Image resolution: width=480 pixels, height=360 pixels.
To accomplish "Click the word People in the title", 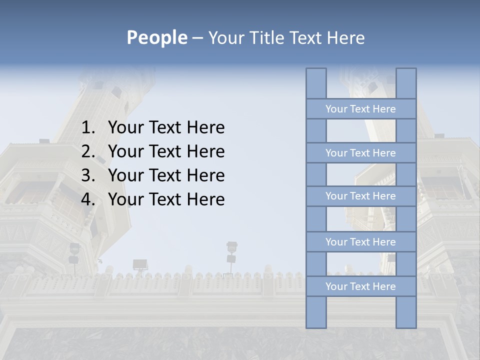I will [156, 37].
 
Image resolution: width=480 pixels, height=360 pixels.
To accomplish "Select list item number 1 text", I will [166, 127].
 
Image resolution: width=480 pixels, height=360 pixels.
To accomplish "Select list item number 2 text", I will [166, 151].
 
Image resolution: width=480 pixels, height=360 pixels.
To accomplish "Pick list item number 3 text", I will [166, 175].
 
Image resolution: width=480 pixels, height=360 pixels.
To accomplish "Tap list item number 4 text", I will [166, 199].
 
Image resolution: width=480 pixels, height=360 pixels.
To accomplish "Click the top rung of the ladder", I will [360, 109].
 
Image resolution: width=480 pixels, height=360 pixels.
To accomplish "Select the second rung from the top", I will [360, 153].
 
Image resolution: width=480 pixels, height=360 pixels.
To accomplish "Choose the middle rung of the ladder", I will [360, 196].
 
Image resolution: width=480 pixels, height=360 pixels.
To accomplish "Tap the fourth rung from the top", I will [360, 242].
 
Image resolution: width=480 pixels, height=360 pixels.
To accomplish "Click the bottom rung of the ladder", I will [360, 286].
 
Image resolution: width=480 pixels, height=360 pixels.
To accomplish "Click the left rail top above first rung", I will [316, 83].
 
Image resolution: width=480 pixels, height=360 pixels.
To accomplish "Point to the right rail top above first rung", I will [406, 83].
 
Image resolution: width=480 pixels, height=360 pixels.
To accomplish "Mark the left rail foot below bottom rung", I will [316, 312].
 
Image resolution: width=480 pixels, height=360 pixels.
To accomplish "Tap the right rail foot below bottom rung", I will [406, 312].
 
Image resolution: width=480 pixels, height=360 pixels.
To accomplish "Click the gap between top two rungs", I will [361, 130].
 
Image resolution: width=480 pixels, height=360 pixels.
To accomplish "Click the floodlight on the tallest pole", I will [231, 247].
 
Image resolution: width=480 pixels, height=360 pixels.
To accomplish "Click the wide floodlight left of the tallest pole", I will [140, 264].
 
